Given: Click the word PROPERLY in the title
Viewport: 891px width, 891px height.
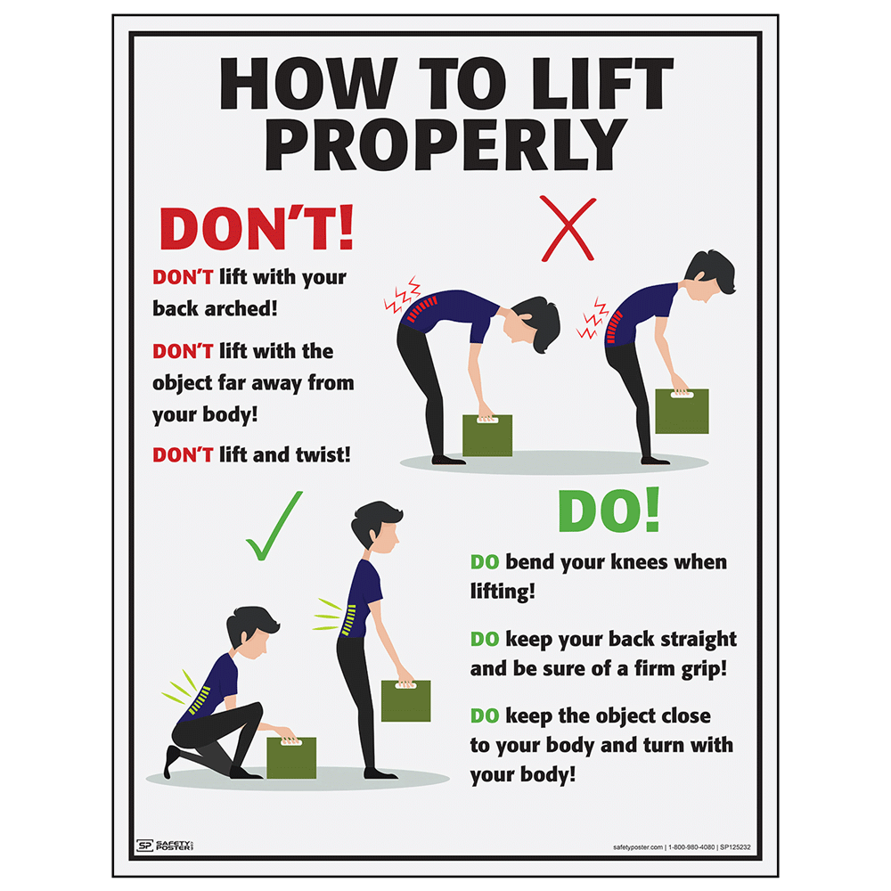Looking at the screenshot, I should [x=445, y=143].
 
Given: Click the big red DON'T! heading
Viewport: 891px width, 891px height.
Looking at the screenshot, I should [x=257, y=229].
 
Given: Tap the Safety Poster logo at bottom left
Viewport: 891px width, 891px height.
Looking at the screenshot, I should [x=165, y=845].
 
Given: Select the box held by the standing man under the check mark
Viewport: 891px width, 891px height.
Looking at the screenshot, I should [x=406, y=700].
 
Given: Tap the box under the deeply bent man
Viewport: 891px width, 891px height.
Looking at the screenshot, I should [x=487, y=435].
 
